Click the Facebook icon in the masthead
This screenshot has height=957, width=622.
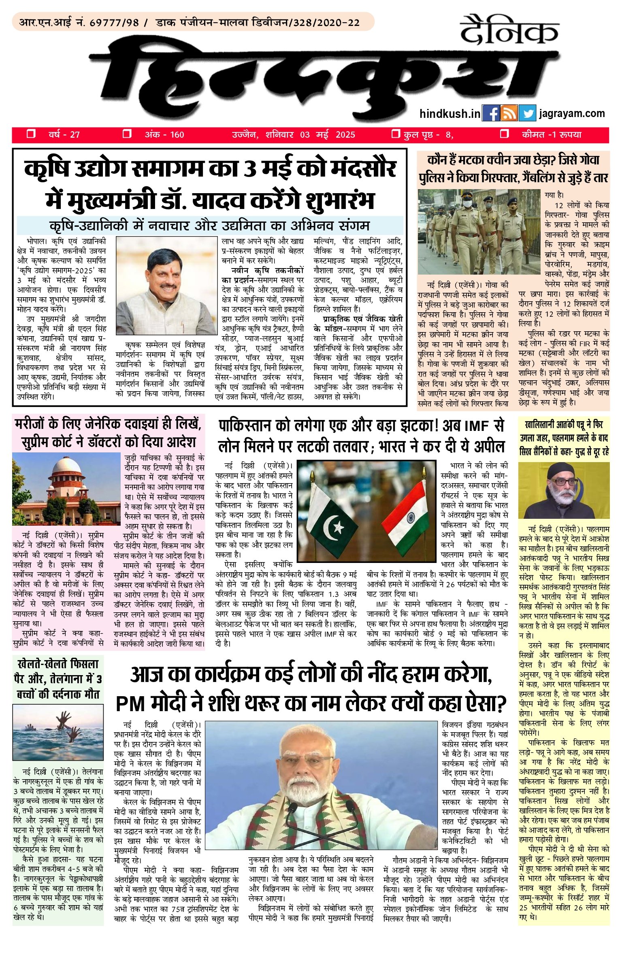tap(491, 113)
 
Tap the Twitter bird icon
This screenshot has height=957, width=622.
tap(527, 113)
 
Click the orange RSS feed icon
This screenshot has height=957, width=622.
tap(509, 113)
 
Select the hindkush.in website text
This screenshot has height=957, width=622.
tap(450, 114)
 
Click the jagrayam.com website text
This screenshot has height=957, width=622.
tap(572, 113)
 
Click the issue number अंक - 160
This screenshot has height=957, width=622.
tap(164, 135)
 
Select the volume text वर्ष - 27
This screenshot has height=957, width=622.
tap(64, 135)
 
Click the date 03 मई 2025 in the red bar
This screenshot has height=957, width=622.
tap(327, 135)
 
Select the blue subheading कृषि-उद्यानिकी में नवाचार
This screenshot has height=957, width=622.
tap(210, 225)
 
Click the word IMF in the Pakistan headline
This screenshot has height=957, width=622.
tap(477, 426)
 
